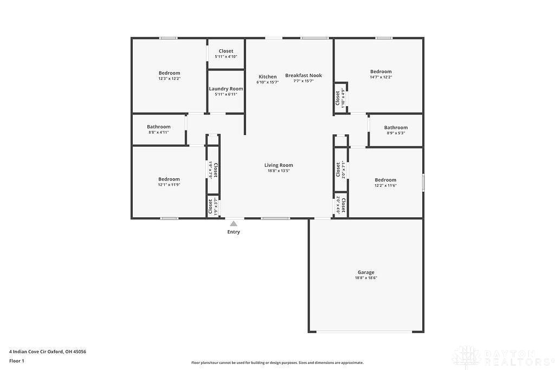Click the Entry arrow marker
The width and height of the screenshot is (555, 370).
234,223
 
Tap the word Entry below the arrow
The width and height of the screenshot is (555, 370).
234,232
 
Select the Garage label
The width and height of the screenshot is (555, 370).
366,272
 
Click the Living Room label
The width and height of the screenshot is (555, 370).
279,165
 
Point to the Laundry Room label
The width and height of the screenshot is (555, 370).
226,89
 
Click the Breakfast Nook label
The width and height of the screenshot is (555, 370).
304,75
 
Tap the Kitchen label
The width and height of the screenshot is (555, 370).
267,76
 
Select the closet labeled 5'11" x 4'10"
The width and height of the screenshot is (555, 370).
226,54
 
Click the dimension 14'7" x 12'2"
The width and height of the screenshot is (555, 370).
381,77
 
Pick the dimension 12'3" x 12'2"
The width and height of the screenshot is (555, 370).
169,79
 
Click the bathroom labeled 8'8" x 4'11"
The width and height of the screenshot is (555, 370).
158,129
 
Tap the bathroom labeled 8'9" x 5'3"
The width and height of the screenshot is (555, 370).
396,130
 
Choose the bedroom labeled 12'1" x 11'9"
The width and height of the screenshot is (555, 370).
169,181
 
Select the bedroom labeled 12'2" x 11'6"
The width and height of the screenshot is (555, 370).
385,183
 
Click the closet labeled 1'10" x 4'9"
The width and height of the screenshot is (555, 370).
340,99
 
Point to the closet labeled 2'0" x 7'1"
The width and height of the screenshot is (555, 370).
340,170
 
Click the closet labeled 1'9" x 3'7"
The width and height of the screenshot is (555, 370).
212,206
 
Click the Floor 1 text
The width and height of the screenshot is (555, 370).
17,361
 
